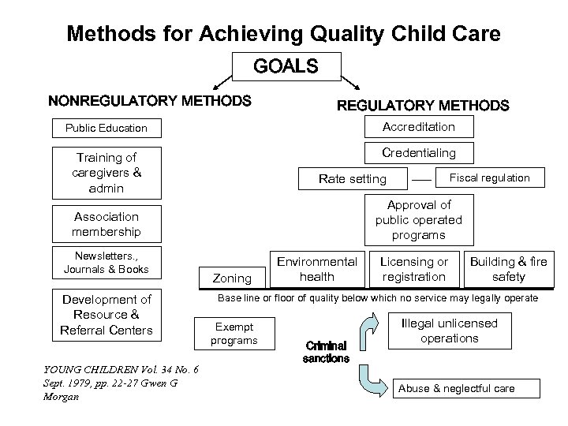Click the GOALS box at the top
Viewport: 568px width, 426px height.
(x=286, y=67)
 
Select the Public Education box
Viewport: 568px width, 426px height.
(x=106, y=128)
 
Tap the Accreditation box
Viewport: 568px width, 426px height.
(x=418, y=126)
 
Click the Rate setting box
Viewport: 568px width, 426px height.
(x=352, y=179)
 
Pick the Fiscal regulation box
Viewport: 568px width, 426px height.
(x=489, y=177)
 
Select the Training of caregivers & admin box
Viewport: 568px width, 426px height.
(x=106, y=173)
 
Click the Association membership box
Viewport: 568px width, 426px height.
(x=106, y=224)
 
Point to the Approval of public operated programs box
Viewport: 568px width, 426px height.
(x=418, y=220)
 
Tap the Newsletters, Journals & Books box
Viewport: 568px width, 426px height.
(x=106, y=263)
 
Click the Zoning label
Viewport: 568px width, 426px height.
(x=233, y=278)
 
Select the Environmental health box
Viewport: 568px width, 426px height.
(x=316, y=269)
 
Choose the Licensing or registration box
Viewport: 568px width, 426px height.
(x=414, y=269)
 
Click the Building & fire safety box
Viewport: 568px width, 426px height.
(x=508, y=269)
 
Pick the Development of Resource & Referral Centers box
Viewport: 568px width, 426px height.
(x=106, y=315)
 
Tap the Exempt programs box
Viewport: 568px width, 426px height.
(x=234, y=333)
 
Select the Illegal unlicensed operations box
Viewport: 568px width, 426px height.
(x=450, y=331)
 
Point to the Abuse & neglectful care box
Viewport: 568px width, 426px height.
(x=467, y=388)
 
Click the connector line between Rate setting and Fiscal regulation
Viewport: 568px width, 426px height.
(x=422, y=180)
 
